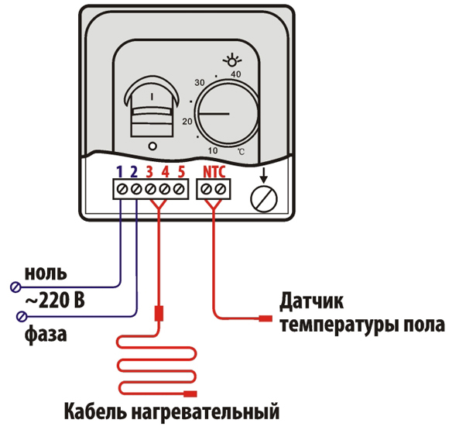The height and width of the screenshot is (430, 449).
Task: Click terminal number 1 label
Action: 121,171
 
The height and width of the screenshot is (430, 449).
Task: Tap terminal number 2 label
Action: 135,171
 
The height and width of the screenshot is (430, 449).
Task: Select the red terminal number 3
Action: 150,171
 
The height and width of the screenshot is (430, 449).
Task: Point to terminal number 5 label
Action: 180,171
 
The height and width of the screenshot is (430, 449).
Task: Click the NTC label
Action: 214,171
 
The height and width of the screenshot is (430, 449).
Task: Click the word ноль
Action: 46,273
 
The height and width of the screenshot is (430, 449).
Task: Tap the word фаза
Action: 45,335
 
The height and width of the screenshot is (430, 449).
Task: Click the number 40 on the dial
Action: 236,73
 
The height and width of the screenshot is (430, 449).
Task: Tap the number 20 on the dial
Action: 187,122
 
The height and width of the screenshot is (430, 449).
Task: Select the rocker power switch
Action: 151,106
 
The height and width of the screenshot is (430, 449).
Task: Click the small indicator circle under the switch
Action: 152,146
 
